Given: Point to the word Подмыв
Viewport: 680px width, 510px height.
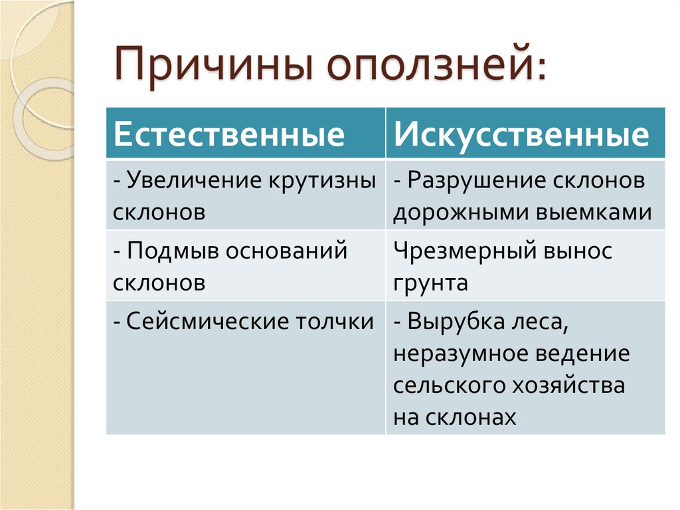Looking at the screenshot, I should (x=173, y=252).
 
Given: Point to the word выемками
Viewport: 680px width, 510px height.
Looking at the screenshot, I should (x=587, y=213).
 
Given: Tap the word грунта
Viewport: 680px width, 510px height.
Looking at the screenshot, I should (x=430, y=283).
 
